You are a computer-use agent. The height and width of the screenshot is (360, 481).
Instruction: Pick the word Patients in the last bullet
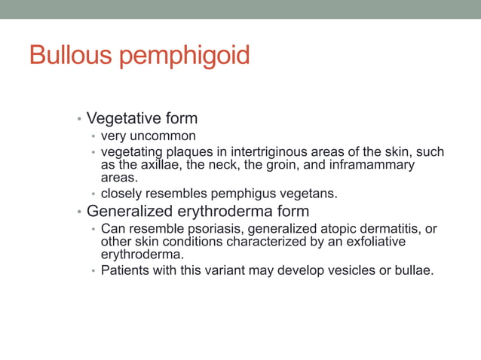click(126, 270)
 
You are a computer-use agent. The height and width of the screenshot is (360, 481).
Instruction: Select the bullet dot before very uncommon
click(93, 137)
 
